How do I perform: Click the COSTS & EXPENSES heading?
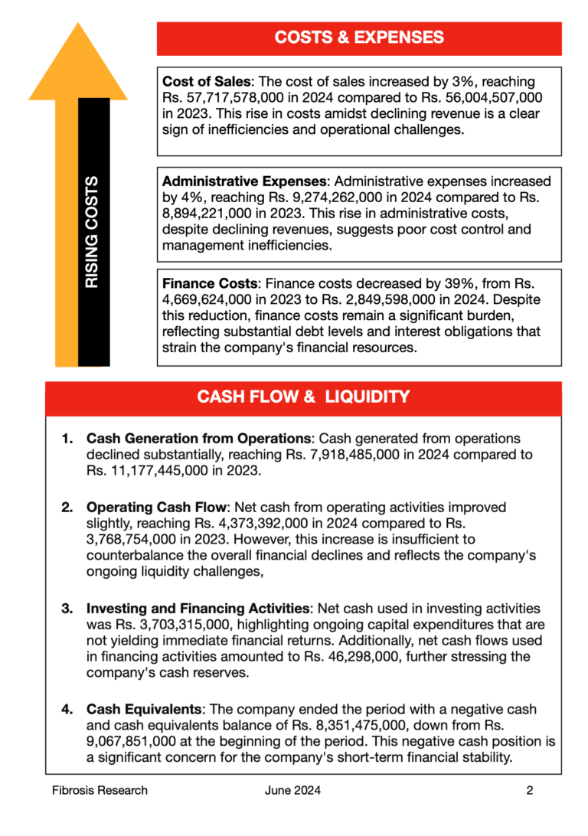(x=358, y=38)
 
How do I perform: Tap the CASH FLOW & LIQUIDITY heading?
(x=303, y=397)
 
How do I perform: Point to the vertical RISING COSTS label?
(x=92, y=232)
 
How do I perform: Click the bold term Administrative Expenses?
(x=244, y=181)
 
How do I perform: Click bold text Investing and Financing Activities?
(x=198, y=609)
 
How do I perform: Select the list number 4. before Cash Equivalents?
(x=67, y=710)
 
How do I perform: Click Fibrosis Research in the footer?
(x=100, y=790)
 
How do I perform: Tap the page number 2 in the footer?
(x=529, y=790)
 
